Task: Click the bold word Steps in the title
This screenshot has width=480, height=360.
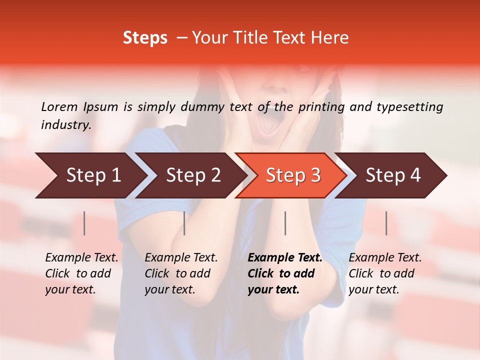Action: pos(145,38)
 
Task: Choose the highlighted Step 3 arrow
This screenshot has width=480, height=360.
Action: pos(293,175)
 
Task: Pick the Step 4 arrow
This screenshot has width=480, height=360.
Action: pos(393,175)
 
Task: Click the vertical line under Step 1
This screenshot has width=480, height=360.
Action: pos(84,223)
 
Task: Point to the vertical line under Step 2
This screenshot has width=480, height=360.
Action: pos(184,223)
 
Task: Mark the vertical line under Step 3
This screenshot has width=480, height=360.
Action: pos(285,223)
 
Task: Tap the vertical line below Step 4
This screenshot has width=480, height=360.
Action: pos(386,223)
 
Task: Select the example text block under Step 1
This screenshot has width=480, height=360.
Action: pos(81,273)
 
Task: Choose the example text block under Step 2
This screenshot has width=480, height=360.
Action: pos(180,273)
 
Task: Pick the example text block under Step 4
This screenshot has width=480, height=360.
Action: pos(384,273)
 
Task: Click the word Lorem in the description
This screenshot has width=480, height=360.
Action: pos(59,106)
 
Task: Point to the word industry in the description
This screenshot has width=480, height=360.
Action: pos(66,124)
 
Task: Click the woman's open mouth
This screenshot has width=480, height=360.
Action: pos(270,123)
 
